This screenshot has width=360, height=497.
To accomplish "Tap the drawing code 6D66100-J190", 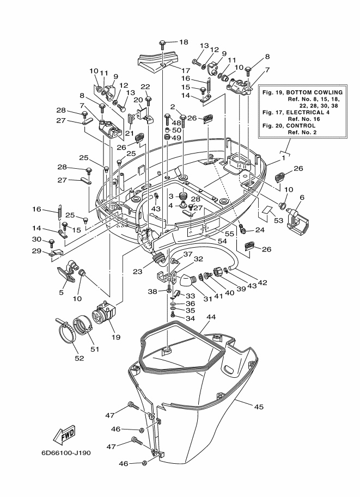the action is point(66,452).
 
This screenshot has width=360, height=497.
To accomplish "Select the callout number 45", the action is point(259,406).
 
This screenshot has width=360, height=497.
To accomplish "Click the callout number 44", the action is point(211,317).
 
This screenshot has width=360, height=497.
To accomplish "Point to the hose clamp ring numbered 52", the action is point(67,336).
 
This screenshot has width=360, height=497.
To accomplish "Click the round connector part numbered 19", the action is point(103,312).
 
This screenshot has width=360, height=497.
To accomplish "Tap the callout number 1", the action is point(284,157).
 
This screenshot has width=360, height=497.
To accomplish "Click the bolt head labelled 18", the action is point(163,42).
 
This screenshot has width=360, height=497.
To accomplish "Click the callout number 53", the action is point(278,220).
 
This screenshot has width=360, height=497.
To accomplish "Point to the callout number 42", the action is point(263,283).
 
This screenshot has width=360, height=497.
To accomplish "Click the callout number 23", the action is point(137,272).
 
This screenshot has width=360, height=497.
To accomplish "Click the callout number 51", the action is point(95,349).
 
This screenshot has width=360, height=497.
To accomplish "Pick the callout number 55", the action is point(229,234).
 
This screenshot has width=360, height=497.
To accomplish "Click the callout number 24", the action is point(260,230).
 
